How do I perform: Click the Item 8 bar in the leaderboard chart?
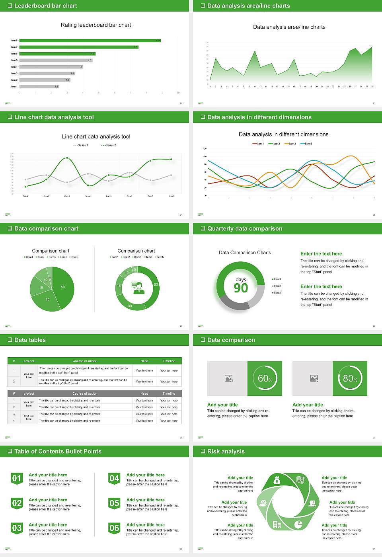click(x=90, y=41)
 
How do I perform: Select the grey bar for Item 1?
click(x=39, y=86)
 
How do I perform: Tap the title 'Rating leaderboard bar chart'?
click(x=96, y=25)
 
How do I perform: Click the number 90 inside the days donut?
click(x=241, y=288)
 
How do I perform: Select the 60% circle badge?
click(x=265, y=378)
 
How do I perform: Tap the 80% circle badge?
click(x=350, y=378)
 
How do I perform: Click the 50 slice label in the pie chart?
click(x=63, y=287)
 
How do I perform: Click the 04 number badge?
click(x=114, y=479)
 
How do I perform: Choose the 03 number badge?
click(x=17, y=528)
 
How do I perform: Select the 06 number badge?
click(x=114, y=528)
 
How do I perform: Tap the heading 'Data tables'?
click(x=30, y=340)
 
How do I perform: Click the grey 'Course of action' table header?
click(x=85, y=393)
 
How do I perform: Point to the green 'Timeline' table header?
click(x=169, y=361)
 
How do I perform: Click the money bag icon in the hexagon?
click(x=277, y=481)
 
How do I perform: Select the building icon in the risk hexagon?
click(x=277, y=524)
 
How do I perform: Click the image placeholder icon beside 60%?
click(x=228, y=378)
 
